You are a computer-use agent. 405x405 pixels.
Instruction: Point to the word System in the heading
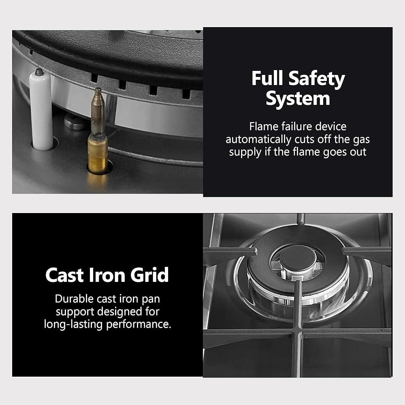[298, 99]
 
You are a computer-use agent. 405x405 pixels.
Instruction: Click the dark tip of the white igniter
[39, 72]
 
